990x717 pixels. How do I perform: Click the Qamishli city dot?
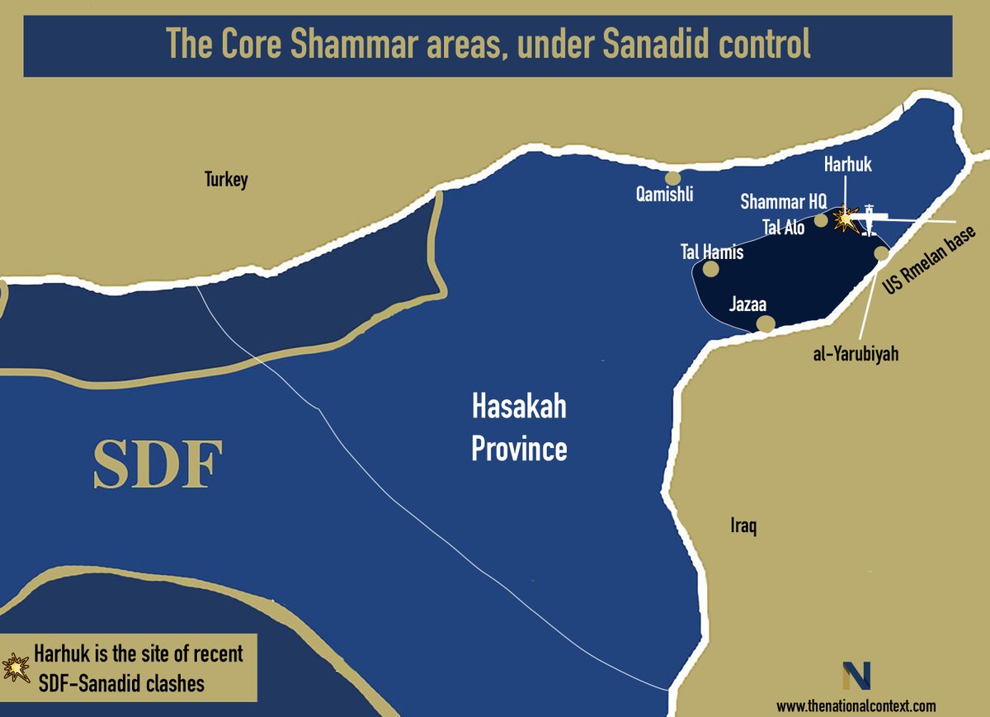click(673, 177)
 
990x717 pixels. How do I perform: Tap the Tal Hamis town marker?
click(710, 269)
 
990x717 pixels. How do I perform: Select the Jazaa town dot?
click(766, 324)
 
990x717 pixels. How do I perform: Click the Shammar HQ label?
click(782, 201)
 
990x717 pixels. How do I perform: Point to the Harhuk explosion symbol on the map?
click(846, 219)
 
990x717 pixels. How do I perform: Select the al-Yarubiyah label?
click(853, 354)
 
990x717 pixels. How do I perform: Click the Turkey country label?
click(226, 179)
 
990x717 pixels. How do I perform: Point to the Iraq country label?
click(743, 526)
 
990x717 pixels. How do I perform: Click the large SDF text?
click(158, 465)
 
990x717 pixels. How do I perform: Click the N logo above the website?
click(856, 676)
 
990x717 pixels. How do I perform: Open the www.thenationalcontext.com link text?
click(856, 706)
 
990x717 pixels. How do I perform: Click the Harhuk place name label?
click(847, 166)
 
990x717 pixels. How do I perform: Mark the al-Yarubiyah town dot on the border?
click(882, 253)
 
